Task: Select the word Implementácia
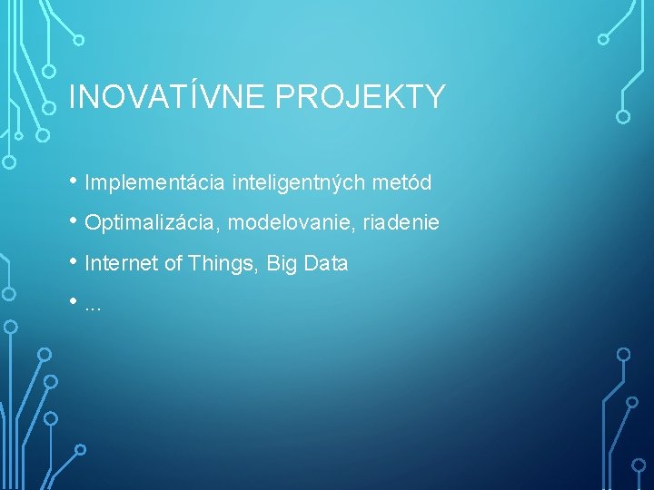tap(154, 183)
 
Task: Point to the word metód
tap(401, 183)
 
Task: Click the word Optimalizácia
tap(155, 223)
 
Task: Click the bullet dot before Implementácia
tap(74, 181)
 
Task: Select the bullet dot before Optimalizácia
tap(74, 221)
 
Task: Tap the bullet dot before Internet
tap(74, 262)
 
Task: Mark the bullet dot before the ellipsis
tap(74, 302)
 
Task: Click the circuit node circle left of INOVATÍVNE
tap(51, 106)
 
